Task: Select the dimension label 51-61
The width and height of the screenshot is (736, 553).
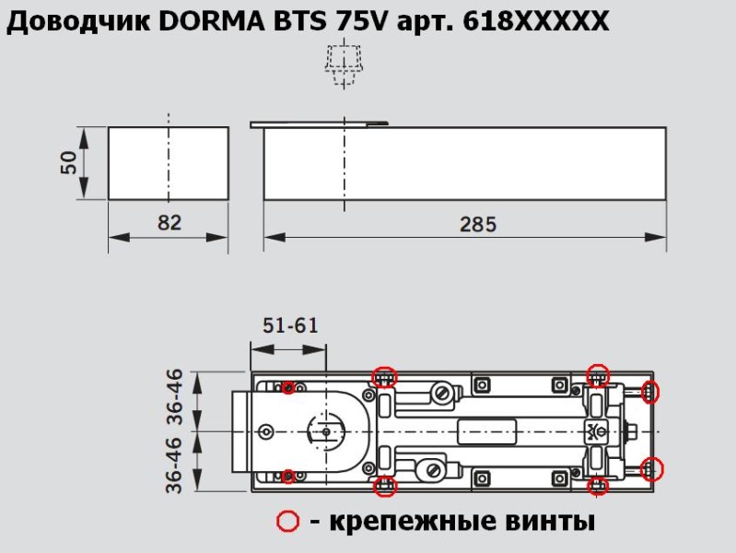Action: pyautogui.click(x=289, y=324)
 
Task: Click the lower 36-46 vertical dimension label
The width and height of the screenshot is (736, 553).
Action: pyautogui.click(x=176, y=465)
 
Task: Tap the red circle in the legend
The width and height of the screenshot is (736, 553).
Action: pyautogui.click(x=288, y=522)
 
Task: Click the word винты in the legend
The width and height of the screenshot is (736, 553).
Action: pyautogui.click(x=549, y=522)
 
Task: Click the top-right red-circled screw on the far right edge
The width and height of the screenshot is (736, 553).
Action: pyautogui.click(x=651, y=391)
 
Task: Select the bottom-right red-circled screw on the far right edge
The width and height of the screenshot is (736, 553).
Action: pyautogui.click(x=652, y=469)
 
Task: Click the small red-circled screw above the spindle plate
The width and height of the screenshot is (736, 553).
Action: pyautogui.click(x=289, y=387)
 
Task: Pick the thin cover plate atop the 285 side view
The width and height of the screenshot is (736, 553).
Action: pyautogui.click(x=320, y=123)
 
